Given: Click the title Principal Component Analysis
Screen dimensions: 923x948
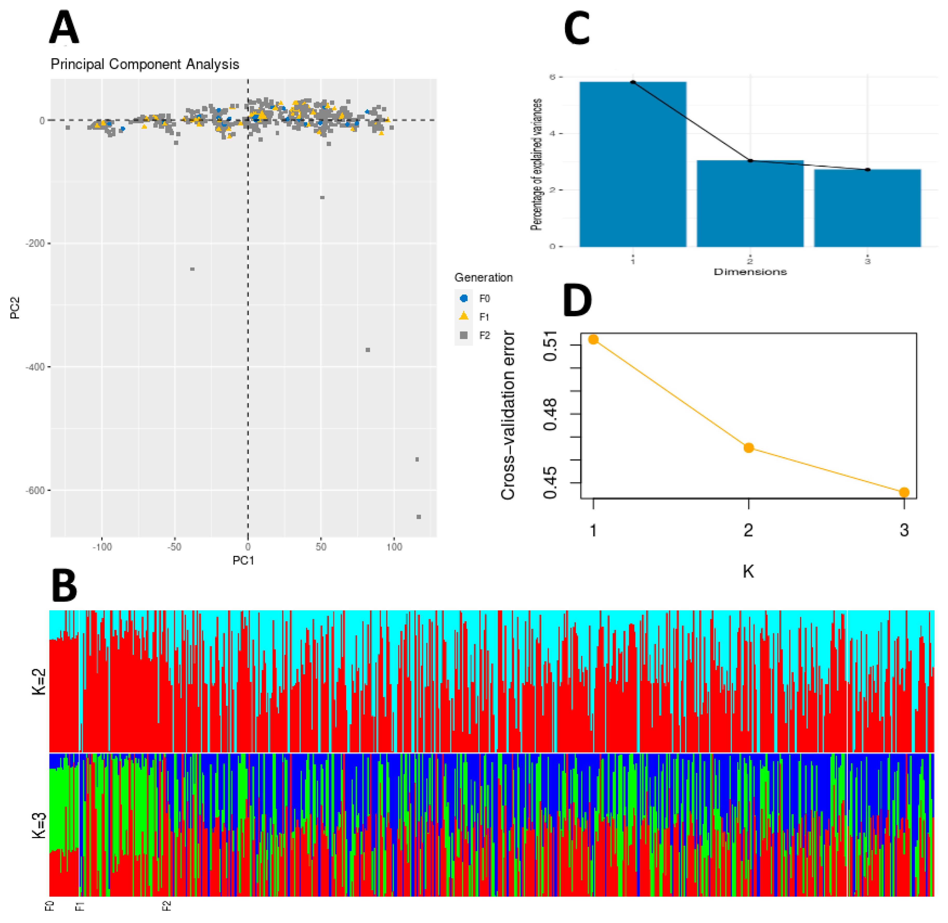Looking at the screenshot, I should [x=145, y=64].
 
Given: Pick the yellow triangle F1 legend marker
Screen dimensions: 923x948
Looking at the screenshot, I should [x=463, y=316].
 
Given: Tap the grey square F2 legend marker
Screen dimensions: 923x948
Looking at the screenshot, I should [x=463, y=335].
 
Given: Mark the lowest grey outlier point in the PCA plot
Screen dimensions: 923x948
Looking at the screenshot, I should [x=419, y=517].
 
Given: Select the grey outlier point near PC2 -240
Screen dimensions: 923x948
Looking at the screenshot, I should [x=193, y=269].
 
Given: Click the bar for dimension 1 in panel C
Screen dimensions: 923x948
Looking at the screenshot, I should [x=633, y=165].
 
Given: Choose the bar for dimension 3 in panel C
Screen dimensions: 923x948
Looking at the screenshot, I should [x=867, y=208].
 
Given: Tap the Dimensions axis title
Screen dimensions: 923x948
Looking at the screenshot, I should [x=750, y=272].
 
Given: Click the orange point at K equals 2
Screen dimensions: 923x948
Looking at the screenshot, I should [x=749, y=448].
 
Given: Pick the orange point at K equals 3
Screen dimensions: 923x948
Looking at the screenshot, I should [x=904, y=493].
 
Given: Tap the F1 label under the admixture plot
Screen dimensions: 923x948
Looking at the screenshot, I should [x=80, y=906].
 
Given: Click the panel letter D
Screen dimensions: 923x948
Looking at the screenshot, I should [x=577, y=300].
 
